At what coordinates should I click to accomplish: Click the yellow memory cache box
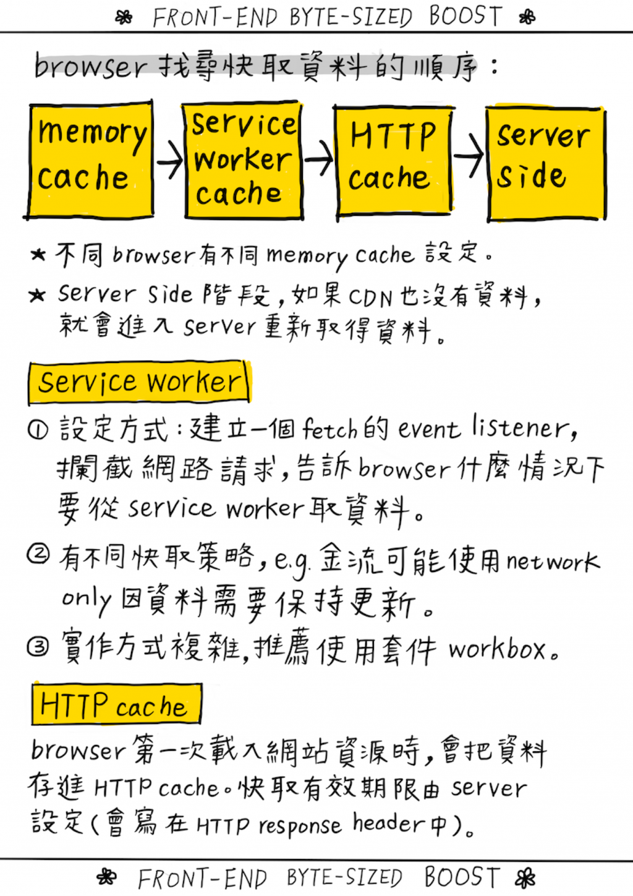tap(90, 159)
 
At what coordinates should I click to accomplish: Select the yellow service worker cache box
tap(244, 160)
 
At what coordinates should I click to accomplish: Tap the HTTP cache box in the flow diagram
tap(393, 161)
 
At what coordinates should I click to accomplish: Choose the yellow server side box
tap(544, 163)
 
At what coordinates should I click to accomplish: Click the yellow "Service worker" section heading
tap(139, 382)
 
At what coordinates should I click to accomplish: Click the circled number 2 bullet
tap(38, 554)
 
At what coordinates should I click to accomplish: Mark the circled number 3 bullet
tap(38, 647)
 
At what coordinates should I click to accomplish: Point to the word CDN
tap(370, 297)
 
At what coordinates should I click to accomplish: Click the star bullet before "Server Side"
tap(37, 296)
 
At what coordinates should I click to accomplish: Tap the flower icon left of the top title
tap(124, 17)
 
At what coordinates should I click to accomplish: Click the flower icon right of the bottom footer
tap(526, 878)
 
